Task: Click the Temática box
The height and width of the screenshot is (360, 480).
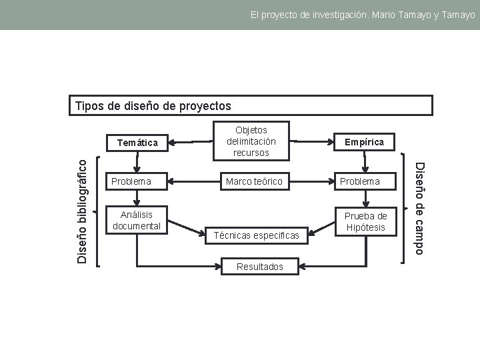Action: [137, 142]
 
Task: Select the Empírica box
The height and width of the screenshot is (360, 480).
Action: [364, 142]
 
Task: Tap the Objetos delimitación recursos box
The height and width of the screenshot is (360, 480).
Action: [251, 141]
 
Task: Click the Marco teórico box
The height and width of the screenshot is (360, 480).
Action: [253, 181]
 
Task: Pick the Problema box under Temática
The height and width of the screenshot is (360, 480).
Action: [137, 181]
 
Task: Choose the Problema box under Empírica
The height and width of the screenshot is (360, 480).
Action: [364, 181]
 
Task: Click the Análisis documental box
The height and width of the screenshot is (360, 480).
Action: [137, 220]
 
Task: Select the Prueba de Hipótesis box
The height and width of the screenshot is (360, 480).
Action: [365, 221]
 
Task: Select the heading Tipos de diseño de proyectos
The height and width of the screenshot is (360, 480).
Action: [153, 106]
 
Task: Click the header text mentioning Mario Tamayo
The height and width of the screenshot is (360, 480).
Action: [363, 14]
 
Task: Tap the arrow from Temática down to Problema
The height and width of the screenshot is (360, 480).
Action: [137, 162]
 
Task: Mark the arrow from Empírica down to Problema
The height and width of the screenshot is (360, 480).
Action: [364, 162]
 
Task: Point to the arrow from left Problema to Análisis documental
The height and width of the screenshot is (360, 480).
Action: [137, 198]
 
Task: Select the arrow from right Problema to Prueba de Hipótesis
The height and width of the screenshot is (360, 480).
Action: [364, 198]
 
